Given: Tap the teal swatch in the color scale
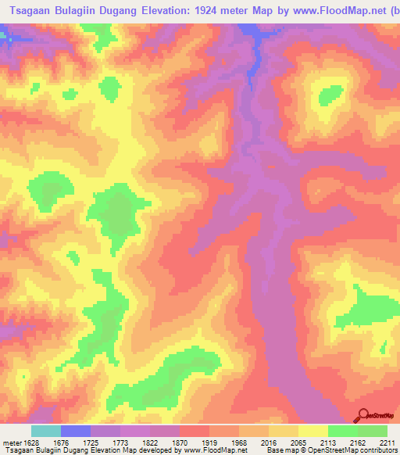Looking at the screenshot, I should [46, 431].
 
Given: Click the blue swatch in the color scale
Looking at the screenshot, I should [76, 431].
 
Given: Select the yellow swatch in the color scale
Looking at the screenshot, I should [313, 431].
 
